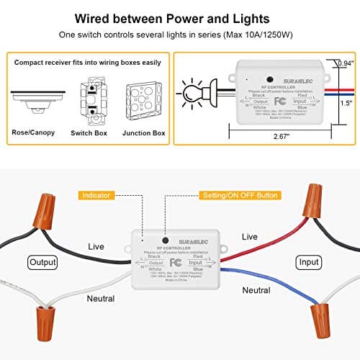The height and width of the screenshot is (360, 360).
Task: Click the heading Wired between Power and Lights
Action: [179, 18]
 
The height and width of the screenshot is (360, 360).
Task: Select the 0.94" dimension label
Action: [346, 63]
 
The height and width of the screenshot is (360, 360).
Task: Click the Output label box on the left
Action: [42, 261]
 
